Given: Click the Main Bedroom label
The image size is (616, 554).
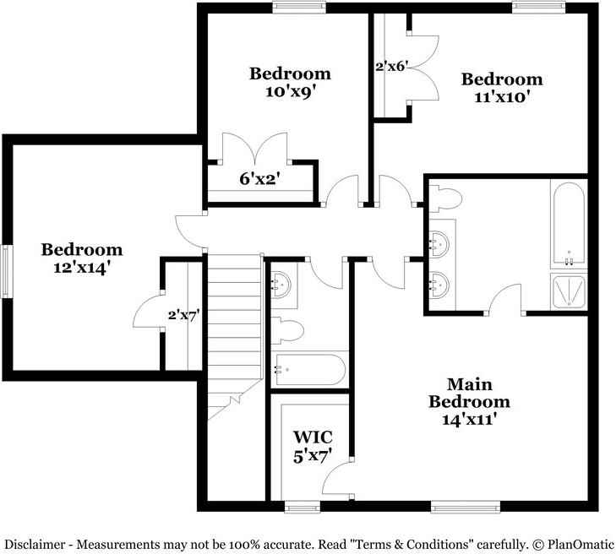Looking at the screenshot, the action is pyautogui.click(x=470, y=393).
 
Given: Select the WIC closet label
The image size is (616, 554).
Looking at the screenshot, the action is pyautogui.click(x=313, y=437).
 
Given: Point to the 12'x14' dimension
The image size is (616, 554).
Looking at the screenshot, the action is pyautogui.click(x=81, y=268).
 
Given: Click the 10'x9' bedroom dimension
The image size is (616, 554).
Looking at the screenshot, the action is pyautogui.click(x=292, y=92).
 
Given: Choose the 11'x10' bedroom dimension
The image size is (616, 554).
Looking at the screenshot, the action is pyautogui.click(x=503, y=96).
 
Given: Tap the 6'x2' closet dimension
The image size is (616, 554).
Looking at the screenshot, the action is pyautogui.click(x=259, y=179).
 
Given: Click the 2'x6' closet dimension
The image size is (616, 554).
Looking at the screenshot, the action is pyautogui.click(x=390, y=67).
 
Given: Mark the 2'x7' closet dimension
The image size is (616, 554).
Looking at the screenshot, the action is pyautogui.click(x=184, y=315).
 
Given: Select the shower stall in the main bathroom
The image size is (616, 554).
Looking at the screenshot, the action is pyautogui.click(x=569, y=291).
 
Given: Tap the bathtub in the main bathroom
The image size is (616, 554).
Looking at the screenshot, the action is pyautogui.click(x=569, y=224).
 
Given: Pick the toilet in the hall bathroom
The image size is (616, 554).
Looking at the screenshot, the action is pyautogui.click(x=286, y=330).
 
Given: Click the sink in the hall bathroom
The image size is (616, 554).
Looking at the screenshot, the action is pyautogui.click(x=281, y=285).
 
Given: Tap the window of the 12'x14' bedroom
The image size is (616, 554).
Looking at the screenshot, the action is pyautogui.click(x=7, y=271).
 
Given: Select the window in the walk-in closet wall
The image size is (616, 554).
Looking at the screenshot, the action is pyautogui.click(x=303, y=507).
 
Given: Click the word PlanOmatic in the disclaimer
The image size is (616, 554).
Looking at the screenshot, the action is pyautogui.click(x=581, y=545).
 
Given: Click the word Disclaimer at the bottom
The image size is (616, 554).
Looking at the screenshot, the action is pyautogui.click(x=35, y=545).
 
